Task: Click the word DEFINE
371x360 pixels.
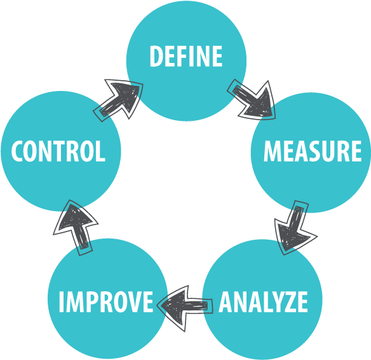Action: point(186,56)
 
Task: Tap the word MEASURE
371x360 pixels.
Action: point(313,151)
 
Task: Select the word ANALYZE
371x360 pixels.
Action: point(263,301)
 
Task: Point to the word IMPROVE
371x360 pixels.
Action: point(105,301)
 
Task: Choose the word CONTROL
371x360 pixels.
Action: point(58,151)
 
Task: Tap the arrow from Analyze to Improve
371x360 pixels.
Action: point(185,307)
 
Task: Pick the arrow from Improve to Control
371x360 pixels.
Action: point(76,228)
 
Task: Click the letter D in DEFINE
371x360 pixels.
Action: point(156,56)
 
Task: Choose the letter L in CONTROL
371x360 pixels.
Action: point(100,151)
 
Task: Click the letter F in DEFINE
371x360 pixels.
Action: point(182,56)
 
